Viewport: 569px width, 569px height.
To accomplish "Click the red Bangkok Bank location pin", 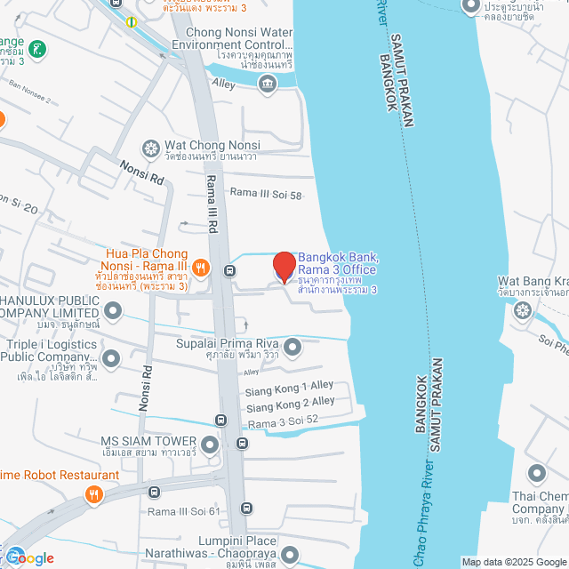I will (284, 267).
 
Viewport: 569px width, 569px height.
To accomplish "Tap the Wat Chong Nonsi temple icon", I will (152, 147).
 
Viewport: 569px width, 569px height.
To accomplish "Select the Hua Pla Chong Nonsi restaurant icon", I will (201, 265).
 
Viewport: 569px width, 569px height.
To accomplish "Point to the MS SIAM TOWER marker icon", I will (210, 442).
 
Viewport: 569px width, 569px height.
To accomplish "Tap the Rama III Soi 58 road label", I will (267, 193).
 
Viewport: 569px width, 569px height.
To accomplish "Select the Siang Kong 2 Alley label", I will (292, 404).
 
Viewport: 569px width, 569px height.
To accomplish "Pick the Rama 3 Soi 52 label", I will (284, 421).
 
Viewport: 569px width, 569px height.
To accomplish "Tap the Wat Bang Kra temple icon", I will (523, 309).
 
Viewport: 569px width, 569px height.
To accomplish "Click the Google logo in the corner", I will (28, 557).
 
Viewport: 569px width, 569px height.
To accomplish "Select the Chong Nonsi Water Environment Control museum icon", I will (267, 84).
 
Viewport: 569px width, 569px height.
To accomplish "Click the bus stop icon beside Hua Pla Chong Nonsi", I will (230, 270).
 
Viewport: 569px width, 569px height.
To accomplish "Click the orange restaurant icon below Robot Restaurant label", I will (92, 495).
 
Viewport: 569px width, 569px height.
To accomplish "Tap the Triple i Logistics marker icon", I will (111, 358).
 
